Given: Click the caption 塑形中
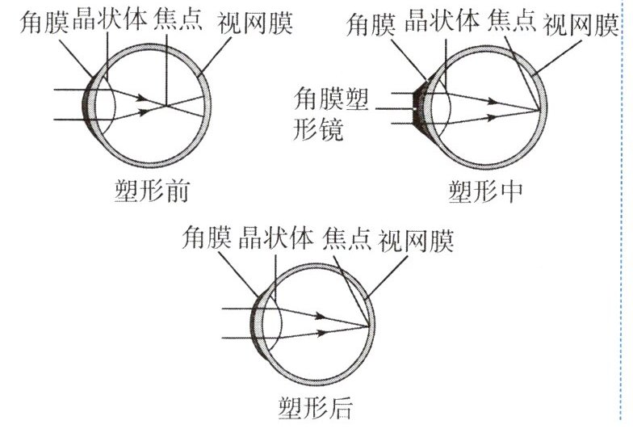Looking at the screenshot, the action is point(484,191).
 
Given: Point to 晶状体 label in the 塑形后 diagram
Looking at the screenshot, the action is point(278,238).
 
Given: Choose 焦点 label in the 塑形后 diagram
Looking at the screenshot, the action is point(347,238).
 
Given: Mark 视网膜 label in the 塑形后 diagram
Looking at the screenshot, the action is point(417,238).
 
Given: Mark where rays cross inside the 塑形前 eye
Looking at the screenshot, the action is point(165,105).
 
